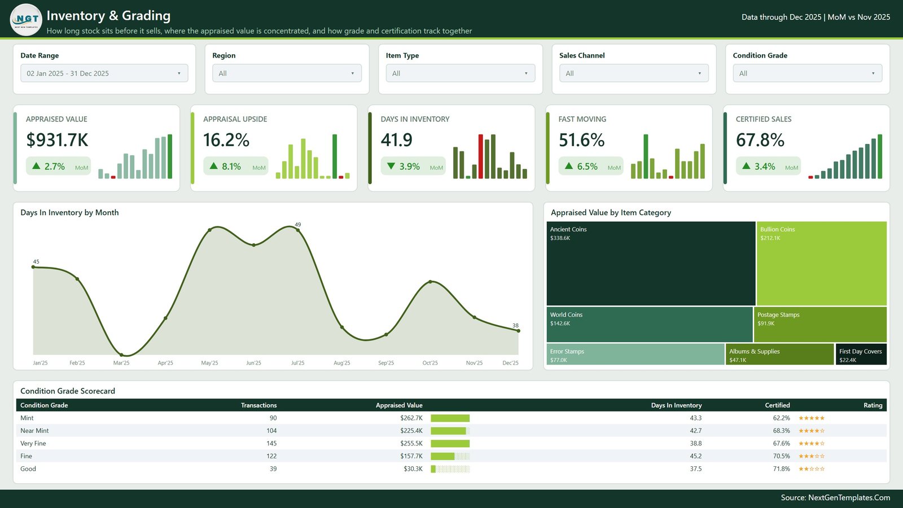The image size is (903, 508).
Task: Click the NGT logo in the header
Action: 26,20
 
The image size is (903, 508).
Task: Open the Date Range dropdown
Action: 104,73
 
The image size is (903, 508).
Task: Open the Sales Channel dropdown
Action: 634,73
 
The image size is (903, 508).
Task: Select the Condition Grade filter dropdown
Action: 808,73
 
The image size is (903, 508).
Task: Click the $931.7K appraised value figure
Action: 57,140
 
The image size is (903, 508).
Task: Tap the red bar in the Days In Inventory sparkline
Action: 480,156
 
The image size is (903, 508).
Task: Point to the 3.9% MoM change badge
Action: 413,166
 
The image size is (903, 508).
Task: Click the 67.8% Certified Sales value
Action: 760,140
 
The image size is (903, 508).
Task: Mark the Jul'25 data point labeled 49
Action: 298,230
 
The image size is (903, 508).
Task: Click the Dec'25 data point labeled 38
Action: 519,331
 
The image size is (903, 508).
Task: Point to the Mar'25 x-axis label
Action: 121,363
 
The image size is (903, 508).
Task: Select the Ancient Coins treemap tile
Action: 651,263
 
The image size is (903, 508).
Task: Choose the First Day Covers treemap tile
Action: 861,354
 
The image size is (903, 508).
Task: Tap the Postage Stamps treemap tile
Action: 820,325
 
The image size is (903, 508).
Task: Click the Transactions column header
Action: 259,405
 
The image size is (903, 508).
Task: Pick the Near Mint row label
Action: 34,431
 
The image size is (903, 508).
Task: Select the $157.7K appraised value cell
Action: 411,456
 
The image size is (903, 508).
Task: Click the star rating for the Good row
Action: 812,469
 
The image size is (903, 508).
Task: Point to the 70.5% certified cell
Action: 781,456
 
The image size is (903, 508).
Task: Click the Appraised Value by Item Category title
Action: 611,212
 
